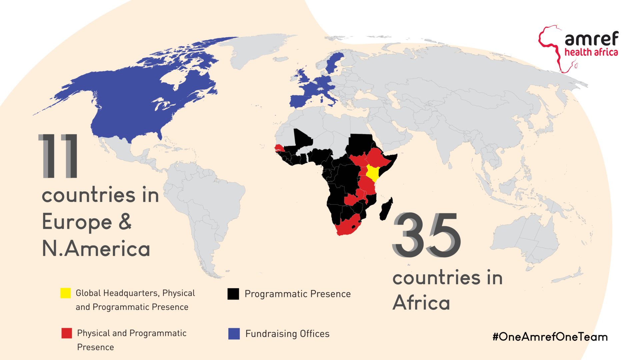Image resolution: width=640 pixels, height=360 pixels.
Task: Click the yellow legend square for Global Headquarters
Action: pyautogui.click(x=65, y=293)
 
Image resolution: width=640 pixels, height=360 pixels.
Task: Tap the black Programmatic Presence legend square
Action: pyautogui.click(x=233, y=294)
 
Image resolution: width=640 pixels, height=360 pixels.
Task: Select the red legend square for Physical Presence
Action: pyautogui.click(x=67, y=333)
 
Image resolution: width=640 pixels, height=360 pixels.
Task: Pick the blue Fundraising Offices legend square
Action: pyautogui.click(x=234, y=334)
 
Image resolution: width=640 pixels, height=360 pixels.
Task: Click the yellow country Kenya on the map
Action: pyautogui.click(x=372, y=173)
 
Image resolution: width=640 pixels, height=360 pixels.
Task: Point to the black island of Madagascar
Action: pyautogui.click(x=386, y=209)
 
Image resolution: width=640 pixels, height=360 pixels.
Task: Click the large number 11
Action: pyautogui.click(x=58, y=156)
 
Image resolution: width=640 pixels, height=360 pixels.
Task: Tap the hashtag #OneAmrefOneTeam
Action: pyautogui.click(x=550, y=337)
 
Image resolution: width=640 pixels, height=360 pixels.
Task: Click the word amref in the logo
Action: pyautogui.click(x=591, y=39)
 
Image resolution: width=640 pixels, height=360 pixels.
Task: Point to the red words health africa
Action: pyautogui.click(x=591, y=52)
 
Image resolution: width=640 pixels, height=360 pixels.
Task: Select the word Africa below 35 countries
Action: pyautogui.click(x=421, y=303)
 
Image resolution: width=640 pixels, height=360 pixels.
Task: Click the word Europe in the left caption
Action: pyautogui.click(x=77, y=222)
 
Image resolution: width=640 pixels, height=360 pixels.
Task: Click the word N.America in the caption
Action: pyautogui.click(x=96, y=249)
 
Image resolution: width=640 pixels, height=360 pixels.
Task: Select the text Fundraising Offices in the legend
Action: pyautogui.click(x=287, y=334)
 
